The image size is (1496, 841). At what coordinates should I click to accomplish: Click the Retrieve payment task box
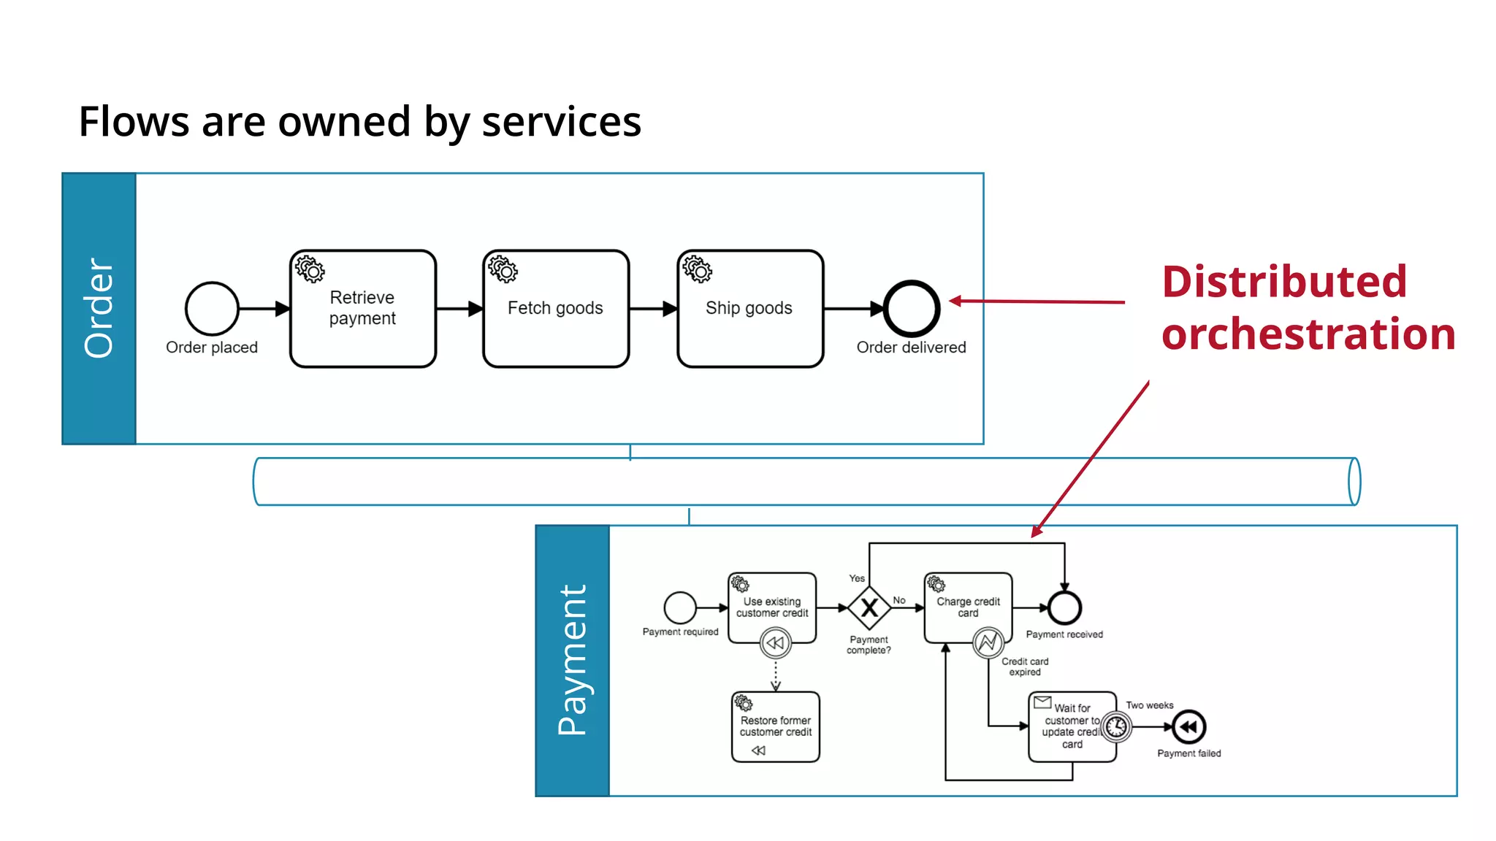tap(362, 309)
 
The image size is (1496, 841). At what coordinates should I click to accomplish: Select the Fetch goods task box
tap(556, 309)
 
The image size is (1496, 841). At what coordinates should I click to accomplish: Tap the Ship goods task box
tap(749, 309)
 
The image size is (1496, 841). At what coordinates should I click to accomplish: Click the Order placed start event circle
tap(212, 309)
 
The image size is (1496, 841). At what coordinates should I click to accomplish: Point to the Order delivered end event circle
tap(911, 309)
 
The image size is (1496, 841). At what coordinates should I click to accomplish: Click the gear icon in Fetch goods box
tap(503, 269)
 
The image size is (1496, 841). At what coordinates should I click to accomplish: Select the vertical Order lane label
tap(99, 309)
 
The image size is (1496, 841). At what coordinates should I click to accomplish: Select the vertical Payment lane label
tap(572, 660)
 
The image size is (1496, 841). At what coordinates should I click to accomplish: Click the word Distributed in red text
tap(1284, 282)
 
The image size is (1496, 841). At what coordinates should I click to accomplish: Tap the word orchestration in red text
tap(1308, 334)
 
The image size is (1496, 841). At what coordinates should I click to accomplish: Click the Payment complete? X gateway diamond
tap(869, 607)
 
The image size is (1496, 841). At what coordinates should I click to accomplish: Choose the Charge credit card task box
tap(968, 607)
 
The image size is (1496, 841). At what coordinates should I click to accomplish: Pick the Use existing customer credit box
tap(772, 607)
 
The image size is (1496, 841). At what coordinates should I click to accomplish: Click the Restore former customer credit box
tap(775, 726)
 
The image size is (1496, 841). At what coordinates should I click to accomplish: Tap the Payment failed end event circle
tap(1188, 727)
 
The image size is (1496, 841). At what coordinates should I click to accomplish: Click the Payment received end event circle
tap(1064, 607)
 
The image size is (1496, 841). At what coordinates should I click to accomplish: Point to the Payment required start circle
tap(680, 607)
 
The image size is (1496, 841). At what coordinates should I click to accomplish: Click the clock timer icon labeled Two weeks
tap(1115, 727)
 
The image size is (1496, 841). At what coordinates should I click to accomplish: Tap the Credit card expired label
tap(1024, 667)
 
